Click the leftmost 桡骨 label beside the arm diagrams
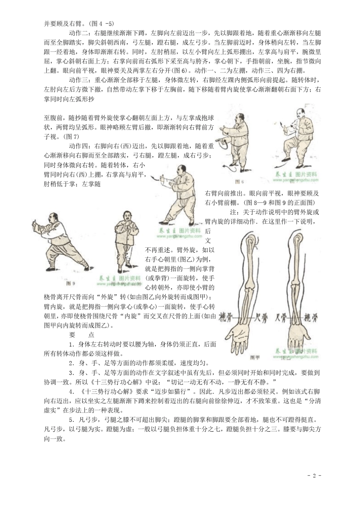pyautogui.click(x=227, y=317)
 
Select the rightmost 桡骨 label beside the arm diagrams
pyautogui.click(x=311, y=317)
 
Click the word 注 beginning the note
pyautogui.click(x=233, y=212)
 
